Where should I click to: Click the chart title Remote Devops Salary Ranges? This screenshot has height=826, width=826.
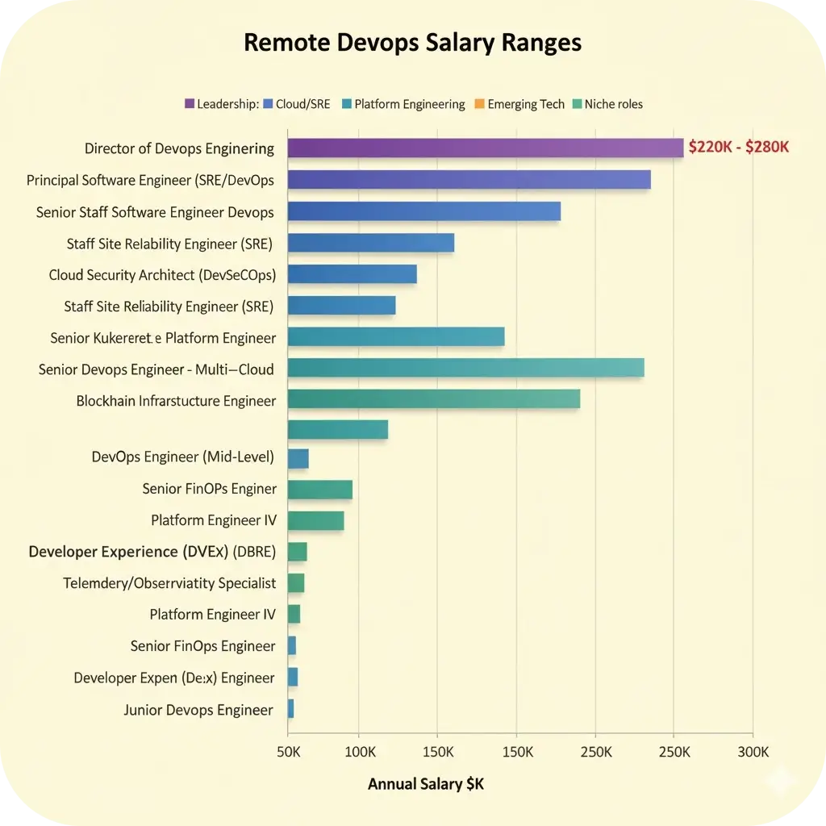coord(412,43)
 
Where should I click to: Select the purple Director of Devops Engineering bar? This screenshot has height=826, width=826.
coord(485,148)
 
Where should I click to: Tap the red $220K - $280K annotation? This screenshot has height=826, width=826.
coord(738,148)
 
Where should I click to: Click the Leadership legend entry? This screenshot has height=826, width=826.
coord(222,104)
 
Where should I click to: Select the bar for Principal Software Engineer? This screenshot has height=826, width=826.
coord(469,180)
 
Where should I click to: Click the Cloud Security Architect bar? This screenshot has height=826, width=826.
coord(352,274)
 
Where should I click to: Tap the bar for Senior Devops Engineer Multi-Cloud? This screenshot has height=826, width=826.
coord(465,368)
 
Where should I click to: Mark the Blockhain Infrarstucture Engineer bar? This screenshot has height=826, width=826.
coord(433,399)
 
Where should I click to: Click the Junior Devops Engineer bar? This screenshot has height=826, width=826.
coord(290,709)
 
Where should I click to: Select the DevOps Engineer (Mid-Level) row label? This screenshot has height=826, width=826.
coord(183,457)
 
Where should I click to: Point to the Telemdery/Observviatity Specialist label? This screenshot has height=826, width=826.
coord(169,582)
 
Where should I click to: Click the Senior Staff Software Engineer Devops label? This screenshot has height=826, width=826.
coord(155,212)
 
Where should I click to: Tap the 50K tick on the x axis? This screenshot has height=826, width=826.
coord(288,752)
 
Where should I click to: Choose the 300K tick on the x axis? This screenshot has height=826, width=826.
coord(752,752)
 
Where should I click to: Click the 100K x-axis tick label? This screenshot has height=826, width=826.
coord(359,752)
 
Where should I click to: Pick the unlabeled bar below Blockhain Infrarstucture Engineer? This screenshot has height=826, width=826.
coord(337,430)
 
